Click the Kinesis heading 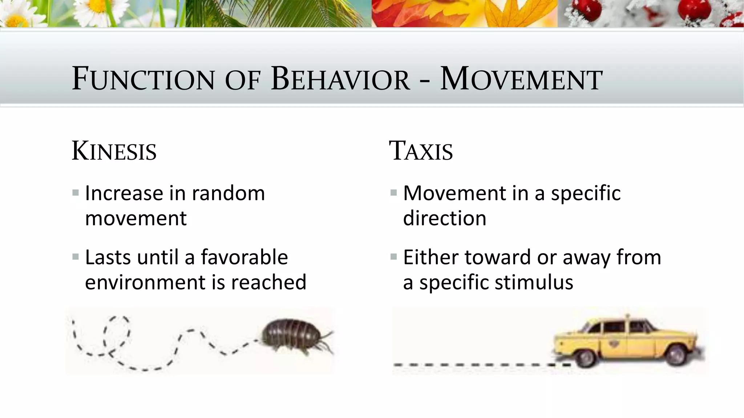click(x=114, y=151)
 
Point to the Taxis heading click(x=421, y=151)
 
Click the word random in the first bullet click(x=228, y=193)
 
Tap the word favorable click(x=244, y=257)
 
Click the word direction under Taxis click(x=444, y=218)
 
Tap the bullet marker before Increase click(x=76, y=193)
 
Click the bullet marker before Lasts click(x=76, y=257)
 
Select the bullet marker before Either click(x=393, y=257)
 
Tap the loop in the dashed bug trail click(x=116, y=332)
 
